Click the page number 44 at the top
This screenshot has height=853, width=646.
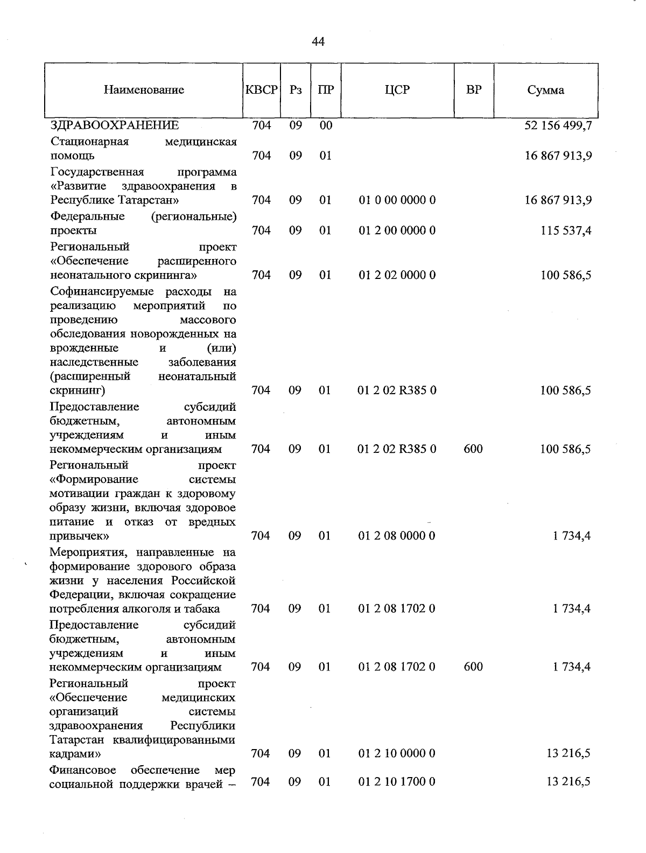click(318, 41)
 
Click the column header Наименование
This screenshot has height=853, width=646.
click(144, 90)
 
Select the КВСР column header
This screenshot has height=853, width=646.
click(261, 90)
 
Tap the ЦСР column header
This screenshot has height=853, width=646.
click(397, 90)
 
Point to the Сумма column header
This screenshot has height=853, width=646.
click(545, 90)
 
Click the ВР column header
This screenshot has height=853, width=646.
click(474, 90)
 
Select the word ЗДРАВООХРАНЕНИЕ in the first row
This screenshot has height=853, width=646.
click(115, 126)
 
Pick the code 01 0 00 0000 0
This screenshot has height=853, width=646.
click(397, 200)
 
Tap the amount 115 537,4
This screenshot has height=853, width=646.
click(566, 230)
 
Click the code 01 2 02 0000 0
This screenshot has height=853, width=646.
click(397, 275)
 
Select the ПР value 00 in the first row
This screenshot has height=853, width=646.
click(325, 126)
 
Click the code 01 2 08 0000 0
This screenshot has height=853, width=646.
click(397, 536)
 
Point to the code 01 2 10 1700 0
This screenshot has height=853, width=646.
click(397, 781)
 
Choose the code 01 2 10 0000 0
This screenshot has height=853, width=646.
click(397, 753)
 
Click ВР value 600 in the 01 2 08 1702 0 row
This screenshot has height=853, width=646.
click(473, 667)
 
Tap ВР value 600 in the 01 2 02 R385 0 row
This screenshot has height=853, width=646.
click(473, 449)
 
